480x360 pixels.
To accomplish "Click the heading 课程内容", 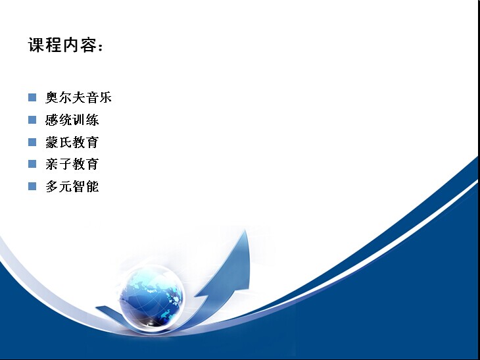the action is tap(65, 45).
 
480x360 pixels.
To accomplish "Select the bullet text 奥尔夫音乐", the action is tap(78, 97).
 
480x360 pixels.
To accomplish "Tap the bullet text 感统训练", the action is tap(72, 120).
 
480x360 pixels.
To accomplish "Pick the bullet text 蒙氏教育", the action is tap(72, 142).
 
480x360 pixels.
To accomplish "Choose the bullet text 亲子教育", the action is tap(72, 165).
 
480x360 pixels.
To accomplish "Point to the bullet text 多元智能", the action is tap(72, 186).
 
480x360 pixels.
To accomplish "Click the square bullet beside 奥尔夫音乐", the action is tap(32, 97).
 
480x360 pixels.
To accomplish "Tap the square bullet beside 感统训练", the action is tap(32, 120).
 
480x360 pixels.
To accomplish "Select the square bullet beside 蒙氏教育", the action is tap(32, 142).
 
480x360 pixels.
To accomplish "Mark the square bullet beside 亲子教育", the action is tap(32, 164).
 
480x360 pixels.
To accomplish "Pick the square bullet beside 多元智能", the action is tap(32, 186).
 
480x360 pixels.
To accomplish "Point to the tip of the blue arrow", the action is tap(245, 230).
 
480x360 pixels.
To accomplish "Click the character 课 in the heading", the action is tap(36, 45).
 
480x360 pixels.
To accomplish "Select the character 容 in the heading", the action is tap(89, 45).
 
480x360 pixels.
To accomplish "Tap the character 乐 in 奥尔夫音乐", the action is tap(105, 97).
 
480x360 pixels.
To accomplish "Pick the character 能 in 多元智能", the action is tap(93, 186).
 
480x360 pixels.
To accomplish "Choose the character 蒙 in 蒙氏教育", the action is tap(52, 142).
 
